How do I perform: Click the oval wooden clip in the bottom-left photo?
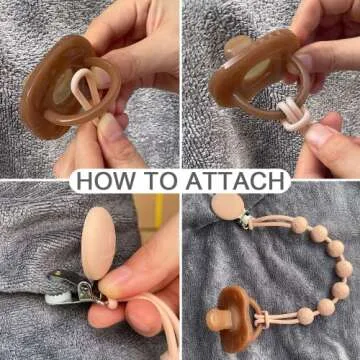pyautogui.click(x=98, y=243)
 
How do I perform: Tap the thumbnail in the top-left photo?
pyautogui.click(x=109, y=126)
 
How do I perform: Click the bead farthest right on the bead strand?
pyautogui.click(x=344, y=268)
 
